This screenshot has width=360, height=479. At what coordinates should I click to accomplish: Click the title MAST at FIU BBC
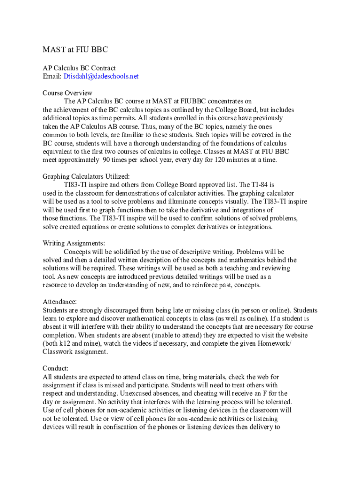(x=75, y=50)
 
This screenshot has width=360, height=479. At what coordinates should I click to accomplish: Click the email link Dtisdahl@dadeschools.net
(x=101, y=76)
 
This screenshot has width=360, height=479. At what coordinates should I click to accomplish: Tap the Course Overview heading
(x=67, y=93)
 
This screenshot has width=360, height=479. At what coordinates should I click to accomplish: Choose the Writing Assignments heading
(x=74, y=243)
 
